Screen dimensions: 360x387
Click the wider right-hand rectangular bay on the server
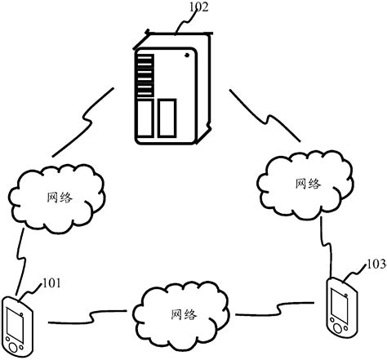point(167,116)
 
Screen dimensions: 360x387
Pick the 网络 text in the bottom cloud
point(184,314)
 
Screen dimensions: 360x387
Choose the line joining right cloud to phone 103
point(326,245)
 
